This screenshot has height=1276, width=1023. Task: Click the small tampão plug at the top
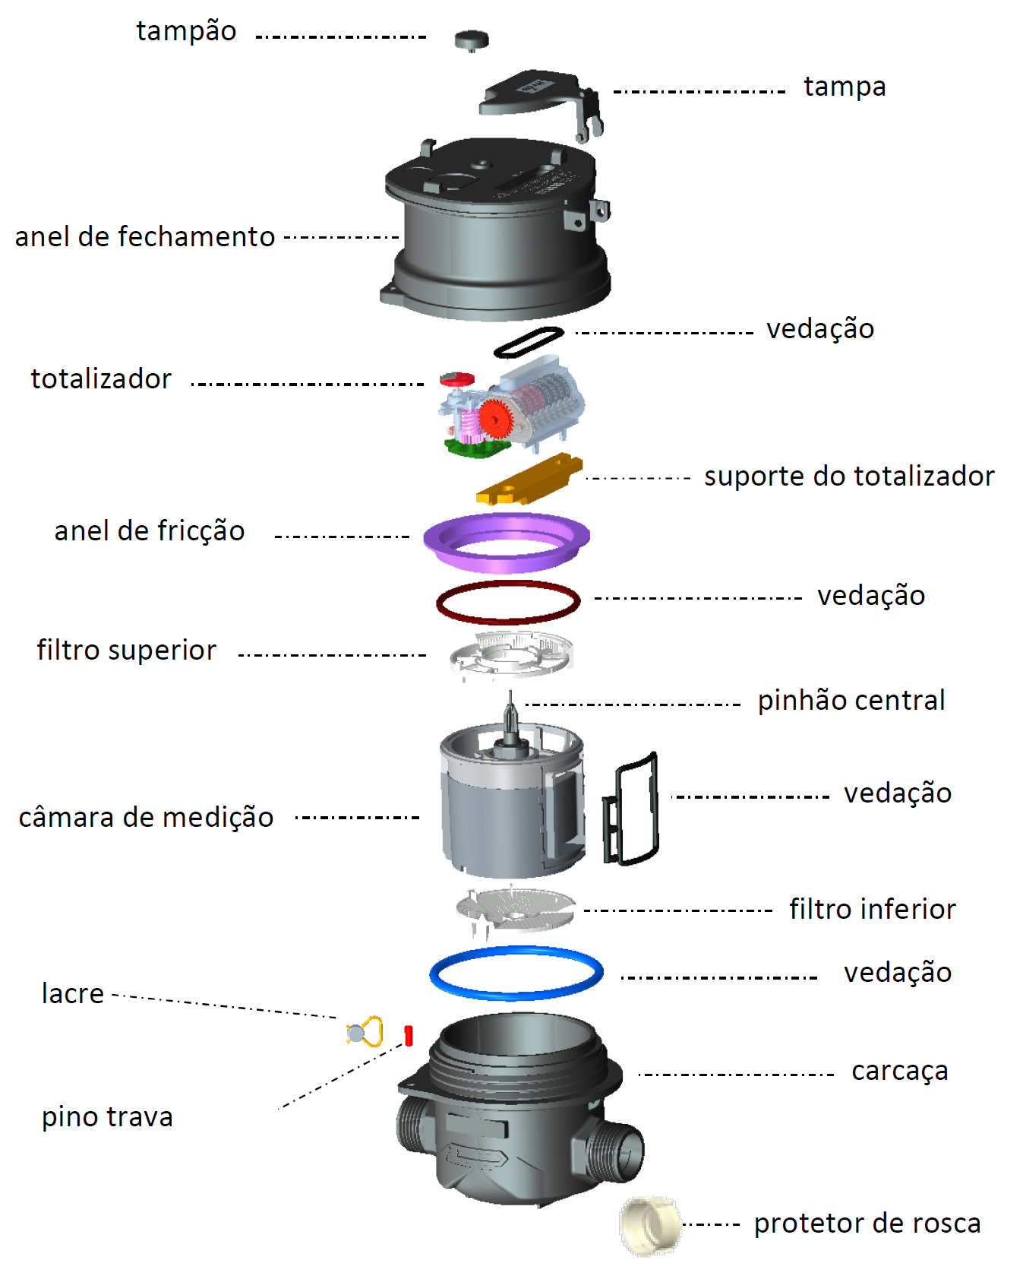472,40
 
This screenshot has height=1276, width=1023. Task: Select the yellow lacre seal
365,1031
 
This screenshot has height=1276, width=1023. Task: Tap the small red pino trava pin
409,1035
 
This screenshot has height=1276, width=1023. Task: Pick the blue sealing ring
516,991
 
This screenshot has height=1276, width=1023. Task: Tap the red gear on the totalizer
494,418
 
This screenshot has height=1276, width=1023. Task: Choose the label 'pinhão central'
851,700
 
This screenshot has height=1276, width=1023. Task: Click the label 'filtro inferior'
873,909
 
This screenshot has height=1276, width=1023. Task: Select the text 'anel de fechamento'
145,236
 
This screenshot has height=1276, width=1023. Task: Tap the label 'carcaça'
900,1072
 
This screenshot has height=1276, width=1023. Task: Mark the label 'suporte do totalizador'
849,476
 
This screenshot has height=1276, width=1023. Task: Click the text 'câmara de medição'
146,817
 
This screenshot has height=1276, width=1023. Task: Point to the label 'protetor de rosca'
867,1224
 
